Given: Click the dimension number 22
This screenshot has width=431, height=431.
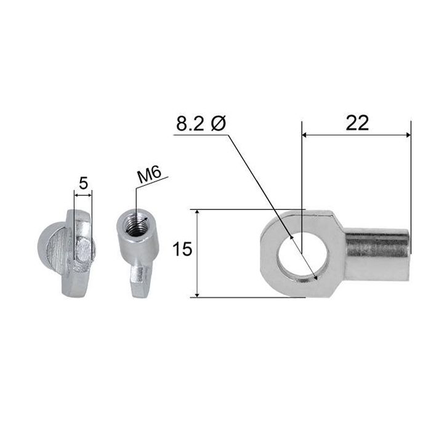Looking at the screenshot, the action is click(357, 123).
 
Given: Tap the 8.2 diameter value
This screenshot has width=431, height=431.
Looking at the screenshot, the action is click(190, 123).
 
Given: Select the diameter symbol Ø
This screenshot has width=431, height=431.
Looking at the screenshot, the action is click(219, 123).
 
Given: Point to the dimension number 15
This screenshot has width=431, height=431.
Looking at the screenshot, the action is click(182, 249).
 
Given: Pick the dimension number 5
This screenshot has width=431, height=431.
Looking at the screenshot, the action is click(83, 183).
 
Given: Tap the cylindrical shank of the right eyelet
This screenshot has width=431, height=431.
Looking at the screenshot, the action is click(377, 253).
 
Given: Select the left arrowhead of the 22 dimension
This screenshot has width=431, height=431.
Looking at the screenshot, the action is click(305, 135).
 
